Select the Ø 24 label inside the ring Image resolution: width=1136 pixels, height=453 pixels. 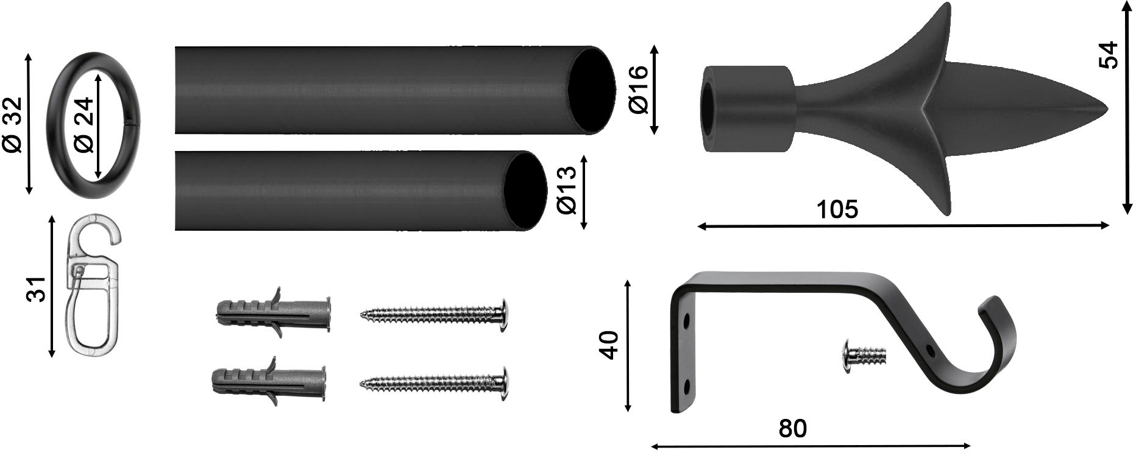coord(84,125)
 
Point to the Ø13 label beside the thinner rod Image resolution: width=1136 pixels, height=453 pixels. coord(567,191)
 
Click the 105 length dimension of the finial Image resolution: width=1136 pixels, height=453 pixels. coord(837,209)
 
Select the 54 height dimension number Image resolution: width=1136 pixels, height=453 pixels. coord(1110,55)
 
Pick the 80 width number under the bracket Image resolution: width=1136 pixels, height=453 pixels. coord(792,429)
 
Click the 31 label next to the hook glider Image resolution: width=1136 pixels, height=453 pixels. coord(37,289)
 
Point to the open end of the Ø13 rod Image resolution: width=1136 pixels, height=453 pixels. coord(524,191)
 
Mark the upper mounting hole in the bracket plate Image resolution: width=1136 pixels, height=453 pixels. coord(687,319)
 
